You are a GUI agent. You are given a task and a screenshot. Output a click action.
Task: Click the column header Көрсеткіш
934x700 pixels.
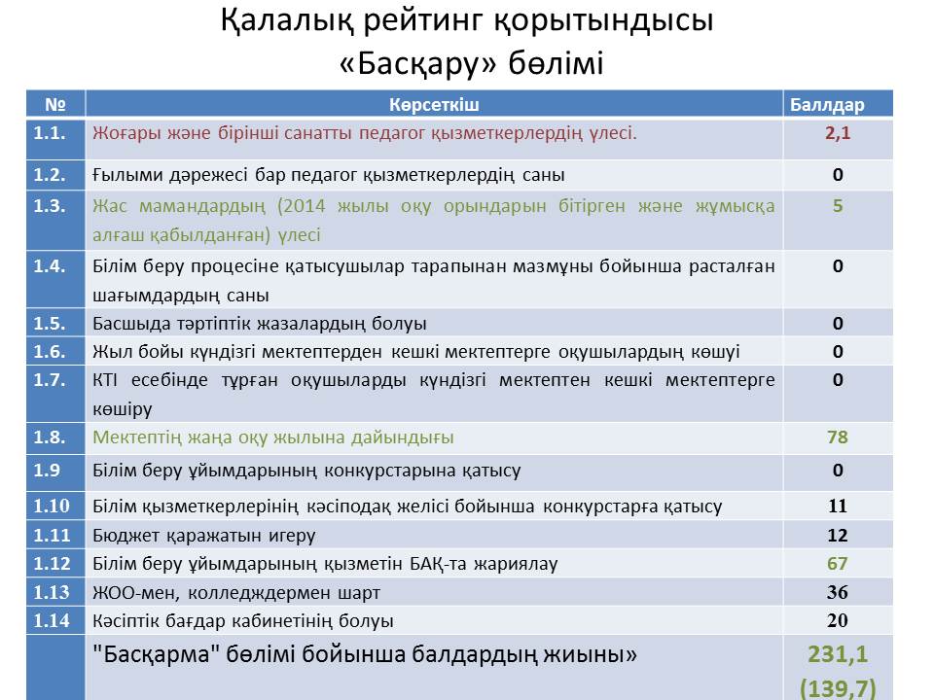tap(434, 105)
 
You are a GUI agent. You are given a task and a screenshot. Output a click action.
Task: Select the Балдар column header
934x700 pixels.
tap(827, 105)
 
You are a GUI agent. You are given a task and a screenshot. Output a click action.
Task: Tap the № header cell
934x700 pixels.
tap(55, 105)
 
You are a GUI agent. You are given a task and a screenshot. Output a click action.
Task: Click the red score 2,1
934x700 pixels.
tap(838, 133)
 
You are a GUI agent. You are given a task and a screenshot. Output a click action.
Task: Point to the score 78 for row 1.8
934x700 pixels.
tap(838, 437)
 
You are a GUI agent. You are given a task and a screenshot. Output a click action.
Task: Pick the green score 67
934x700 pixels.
tap(838, 563)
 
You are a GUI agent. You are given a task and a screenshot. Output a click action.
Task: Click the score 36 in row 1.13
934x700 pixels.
tap(838, 592)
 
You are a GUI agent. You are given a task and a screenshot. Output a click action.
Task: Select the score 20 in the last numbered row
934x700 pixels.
tap(838, 620)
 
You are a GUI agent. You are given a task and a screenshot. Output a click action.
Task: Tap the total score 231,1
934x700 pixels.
tap(838, 654)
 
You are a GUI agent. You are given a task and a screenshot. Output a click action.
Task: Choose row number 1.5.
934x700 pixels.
tap(50, 323)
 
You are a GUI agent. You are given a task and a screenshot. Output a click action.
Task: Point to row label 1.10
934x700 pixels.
tap(52, 506)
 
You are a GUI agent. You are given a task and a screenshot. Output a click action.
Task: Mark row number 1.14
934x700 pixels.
tap(52, 620)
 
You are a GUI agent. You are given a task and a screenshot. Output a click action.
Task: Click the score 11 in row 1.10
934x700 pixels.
tap(838, 506)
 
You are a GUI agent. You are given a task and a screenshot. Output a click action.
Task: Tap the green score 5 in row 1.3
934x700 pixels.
tap(838, 206)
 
